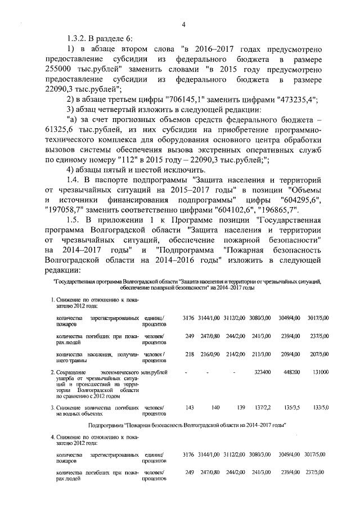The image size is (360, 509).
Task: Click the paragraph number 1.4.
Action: coord(75,180)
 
